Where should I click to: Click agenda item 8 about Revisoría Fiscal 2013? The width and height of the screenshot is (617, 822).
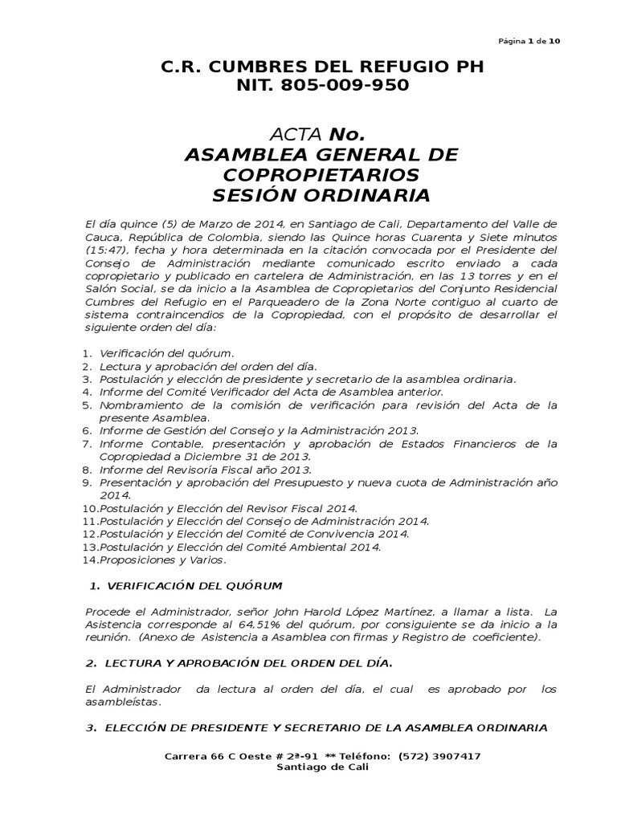(x=205, y=470)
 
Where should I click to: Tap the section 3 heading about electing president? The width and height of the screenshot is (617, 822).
(x=326, y=728)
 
